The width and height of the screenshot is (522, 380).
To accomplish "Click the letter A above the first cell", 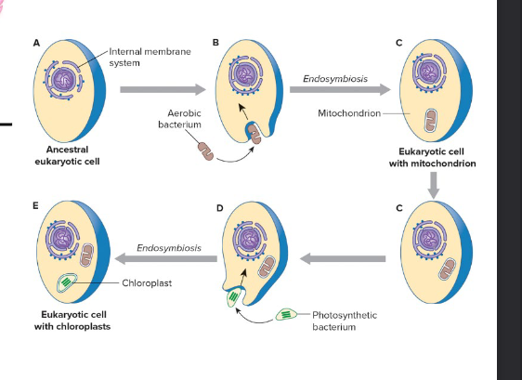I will click(36, 43).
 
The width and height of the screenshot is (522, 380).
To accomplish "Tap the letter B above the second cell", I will click(215, 43).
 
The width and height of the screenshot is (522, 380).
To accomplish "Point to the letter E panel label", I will click(36, 205).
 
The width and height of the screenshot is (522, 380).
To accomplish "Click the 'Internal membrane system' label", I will click(150, 57).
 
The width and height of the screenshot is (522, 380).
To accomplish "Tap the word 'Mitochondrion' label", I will click(345, 115).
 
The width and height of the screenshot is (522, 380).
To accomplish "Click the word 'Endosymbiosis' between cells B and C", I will click(334, 79).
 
